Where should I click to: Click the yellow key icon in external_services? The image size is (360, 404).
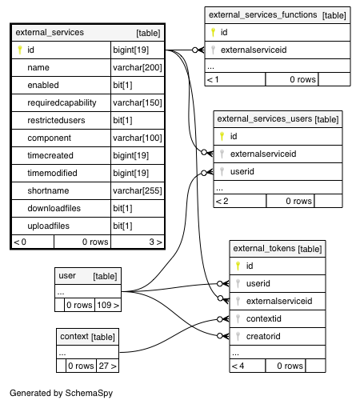[20, 50]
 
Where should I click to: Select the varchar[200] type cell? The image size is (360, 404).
[138, 67]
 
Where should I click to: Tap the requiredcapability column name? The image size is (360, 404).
[62, 102]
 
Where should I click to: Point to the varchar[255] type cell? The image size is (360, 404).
[138, 190]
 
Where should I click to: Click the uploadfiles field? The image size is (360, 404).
[48, 226]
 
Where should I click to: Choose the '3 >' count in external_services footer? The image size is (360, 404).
[155, 242]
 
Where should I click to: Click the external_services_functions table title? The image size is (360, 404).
[262, 14]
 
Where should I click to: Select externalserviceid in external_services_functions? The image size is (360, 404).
[254, 50]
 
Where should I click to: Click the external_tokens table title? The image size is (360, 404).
[264, 249]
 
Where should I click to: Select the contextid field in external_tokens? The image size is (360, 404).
[264, 318]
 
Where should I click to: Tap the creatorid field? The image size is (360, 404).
[263, 336]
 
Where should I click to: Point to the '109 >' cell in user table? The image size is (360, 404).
[108, 305]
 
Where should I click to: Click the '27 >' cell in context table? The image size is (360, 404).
[107, 366]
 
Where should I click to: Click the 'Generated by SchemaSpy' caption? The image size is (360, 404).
[62, 393]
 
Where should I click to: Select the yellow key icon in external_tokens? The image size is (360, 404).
[238, 266]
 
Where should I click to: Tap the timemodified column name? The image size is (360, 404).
[52, 173]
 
